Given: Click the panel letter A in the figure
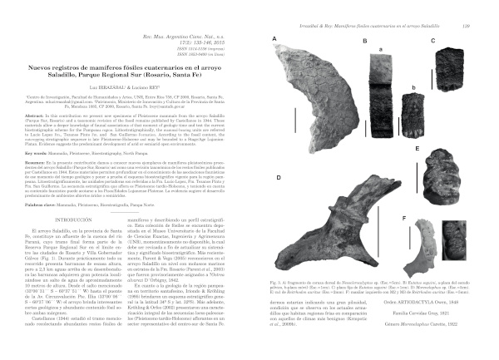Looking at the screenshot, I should pos(274,40).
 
